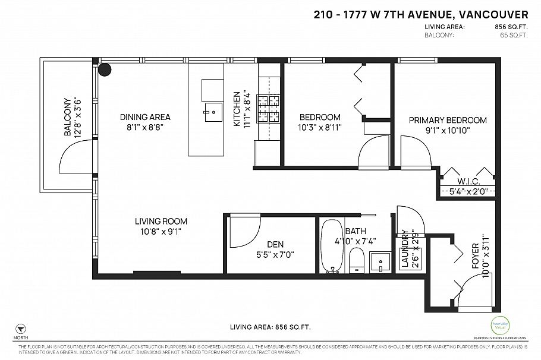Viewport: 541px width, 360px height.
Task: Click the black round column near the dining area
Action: pyautogui.click(x=105, y=70)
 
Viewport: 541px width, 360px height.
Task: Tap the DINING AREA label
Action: pyautogui.click(x=145, y=117)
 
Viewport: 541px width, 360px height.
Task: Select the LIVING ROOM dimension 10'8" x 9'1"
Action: pyautogui.click(x=158, y=231)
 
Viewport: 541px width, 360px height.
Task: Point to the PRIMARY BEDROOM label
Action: pyautogui.click(x=448, y=120)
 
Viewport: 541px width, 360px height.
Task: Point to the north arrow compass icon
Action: pyautogui.click(x=21, y=329)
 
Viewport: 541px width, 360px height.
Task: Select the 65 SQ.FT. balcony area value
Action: pyautogui.click(x=514, y=35)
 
